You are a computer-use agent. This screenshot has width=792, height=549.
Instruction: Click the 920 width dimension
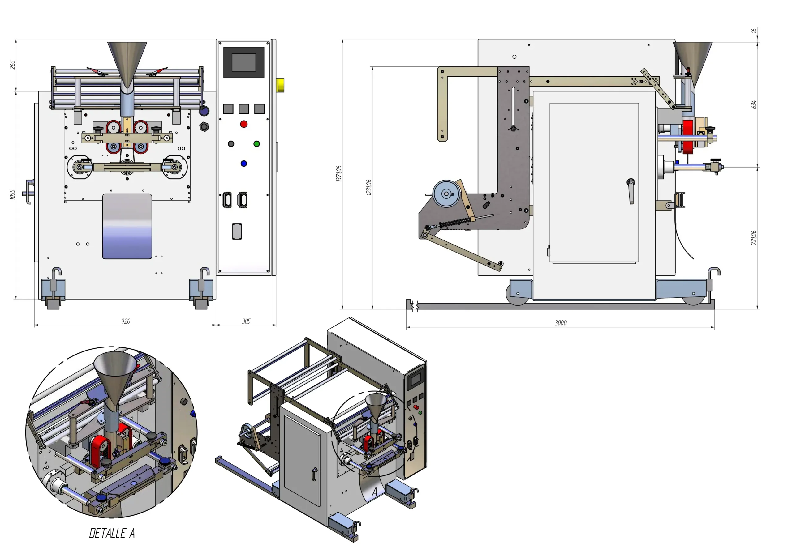coord(126,321)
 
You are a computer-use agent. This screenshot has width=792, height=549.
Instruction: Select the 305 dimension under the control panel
coord(246,321)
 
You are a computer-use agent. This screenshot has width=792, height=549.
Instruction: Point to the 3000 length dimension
coord(560,323)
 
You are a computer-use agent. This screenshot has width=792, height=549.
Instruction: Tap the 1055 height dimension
coord(13,194)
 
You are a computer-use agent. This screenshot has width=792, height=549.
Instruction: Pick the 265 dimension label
coord(12,65)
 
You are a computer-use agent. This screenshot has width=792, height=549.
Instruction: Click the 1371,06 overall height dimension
coord(339,173)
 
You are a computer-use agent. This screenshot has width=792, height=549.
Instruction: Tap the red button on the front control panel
coord(244,124)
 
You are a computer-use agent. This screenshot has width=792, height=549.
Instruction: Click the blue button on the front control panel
coord(244,164)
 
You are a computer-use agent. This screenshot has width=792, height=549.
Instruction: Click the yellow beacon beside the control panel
coord(280,85)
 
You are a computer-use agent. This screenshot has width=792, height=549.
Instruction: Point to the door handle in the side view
coord(631,191)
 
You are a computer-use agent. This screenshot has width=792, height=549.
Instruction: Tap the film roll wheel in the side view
coord(446,194)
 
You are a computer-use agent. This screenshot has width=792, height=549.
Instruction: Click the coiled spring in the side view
coord(455,223)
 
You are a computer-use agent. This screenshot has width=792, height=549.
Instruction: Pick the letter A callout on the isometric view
coord(374,492)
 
